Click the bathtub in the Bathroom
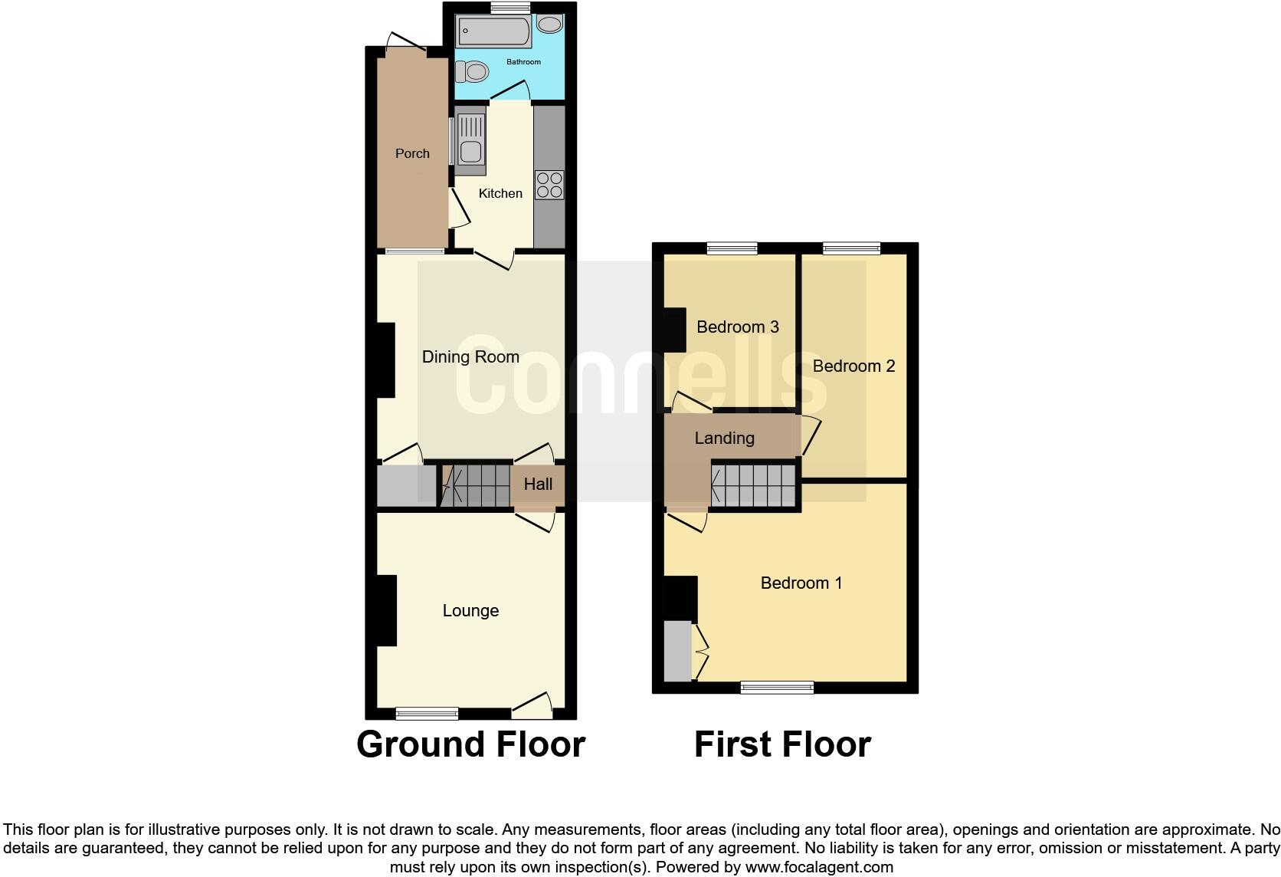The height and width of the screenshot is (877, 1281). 494,32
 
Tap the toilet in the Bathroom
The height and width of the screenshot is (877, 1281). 472,72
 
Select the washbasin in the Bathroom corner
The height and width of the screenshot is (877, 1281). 549,25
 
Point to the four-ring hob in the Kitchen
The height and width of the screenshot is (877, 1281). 549,186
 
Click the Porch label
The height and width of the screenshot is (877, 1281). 412,153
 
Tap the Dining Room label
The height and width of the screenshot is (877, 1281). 470,356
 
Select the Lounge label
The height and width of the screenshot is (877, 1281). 470,610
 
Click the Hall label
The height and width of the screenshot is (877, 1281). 538,484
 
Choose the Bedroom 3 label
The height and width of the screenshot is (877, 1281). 737,327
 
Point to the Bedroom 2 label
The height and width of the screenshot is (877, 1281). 853,366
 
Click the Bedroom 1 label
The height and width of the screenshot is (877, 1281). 801,583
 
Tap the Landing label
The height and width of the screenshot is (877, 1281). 724,438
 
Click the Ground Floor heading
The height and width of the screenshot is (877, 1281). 470,744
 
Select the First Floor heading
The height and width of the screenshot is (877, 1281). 782,744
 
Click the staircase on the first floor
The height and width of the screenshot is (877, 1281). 754,484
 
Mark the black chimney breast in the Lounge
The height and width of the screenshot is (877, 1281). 386,610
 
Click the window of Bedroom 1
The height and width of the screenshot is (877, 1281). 777,687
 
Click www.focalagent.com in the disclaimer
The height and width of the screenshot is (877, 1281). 819,867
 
